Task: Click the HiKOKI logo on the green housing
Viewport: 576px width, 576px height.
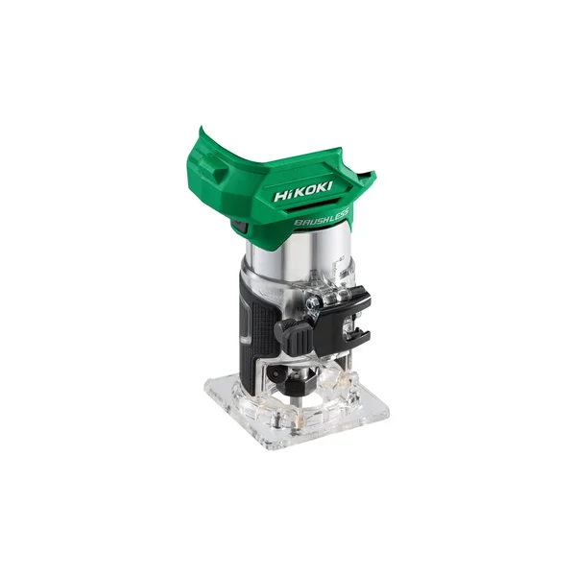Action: (303, 191)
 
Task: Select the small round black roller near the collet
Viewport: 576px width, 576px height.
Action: (276, 374)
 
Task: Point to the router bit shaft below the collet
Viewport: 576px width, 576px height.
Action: (300, 400)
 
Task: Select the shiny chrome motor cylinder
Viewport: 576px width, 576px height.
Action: (298, 253)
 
